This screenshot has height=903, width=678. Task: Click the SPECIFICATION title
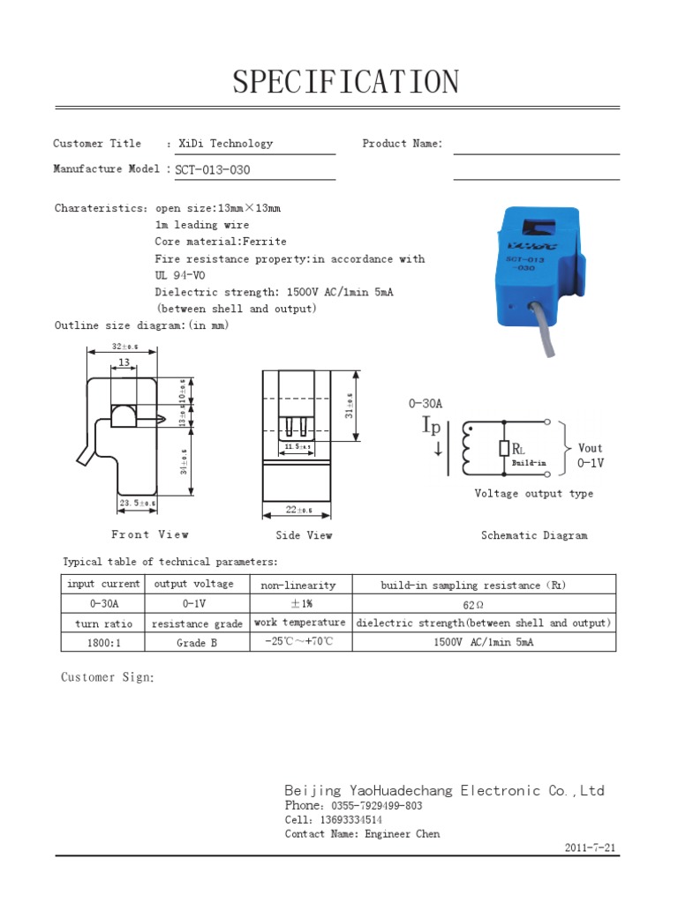[346, 83]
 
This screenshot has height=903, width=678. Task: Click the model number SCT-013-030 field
[207, 170]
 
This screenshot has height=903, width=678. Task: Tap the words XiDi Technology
[225, 144]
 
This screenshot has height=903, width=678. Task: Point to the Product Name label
[402, 144]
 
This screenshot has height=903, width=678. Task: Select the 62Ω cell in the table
[473, 605]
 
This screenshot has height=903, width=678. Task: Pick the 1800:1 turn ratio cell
[103, 643]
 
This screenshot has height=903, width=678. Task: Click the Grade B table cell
[196, 643]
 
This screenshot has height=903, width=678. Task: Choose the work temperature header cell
[299, 623]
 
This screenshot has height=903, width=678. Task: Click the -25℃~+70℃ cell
[298, 642]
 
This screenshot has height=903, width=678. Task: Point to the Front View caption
[149, 534]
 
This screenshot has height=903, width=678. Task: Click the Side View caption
[304, 535]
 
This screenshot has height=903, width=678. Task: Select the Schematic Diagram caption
[533, 535]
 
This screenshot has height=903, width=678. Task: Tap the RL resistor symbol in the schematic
[504, 449]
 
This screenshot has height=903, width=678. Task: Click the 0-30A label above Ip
[425, 403]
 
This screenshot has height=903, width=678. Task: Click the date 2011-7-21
[591, 847]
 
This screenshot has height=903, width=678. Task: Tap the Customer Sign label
[108, 677]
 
